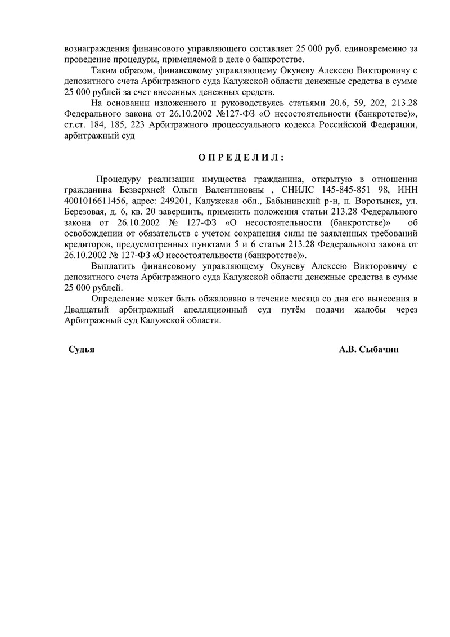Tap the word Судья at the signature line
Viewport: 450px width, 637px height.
coord(81,349)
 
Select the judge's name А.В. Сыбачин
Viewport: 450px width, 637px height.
coord(368,349)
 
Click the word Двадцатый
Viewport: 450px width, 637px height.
coord(85,309)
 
